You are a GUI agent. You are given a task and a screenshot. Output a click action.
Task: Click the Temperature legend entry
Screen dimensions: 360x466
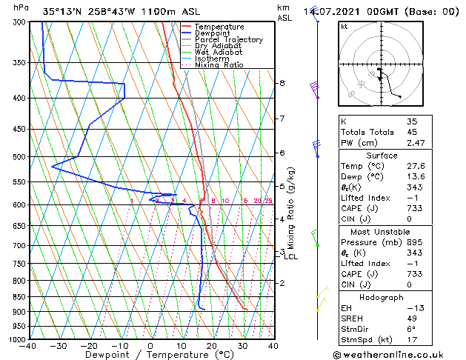coord(220,27)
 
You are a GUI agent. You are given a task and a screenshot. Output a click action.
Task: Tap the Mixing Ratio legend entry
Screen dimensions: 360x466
coord(219,65)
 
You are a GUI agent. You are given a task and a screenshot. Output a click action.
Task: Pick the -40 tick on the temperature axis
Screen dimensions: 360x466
coord(28,346)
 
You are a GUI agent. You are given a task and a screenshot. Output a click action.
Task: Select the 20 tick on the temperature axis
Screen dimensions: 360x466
coord(212,346)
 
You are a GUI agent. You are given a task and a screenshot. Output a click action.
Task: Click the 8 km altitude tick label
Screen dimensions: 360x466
coord(282,83)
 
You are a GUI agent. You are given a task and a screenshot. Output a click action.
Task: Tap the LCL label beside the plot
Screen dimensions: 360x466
coord(290,257)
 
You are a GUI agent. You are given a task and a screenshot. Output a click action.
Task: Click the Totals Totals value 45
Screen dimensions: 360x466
coord(411,132)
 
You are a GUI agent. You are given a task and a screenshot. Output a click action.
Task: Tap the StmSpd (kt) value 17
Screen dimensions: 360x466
coord(411,340)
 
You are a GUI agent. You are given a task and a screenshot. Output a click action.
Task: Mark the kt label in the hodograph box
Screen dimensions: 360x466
coord(344,26)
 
